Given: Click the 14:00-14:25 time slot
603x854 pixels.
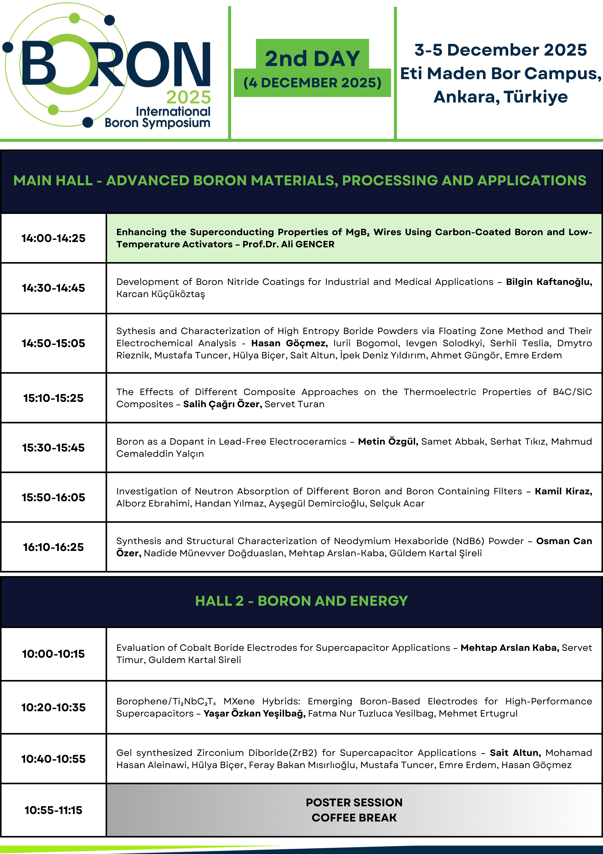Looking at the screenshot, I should click(x=53, y=238).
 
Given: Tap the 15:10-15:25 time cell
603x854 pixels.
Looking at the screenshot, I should click(x=53, y=398).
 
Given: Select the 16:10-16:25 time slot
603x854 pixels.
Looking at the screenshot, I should click(x=53, y=547).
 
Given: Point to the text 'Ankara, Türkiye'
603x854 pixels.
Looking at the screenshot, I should click(x=501, y=97).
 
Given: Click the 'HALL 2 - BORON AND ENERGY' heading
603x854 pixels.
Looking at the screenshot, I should click(x=301, y=601).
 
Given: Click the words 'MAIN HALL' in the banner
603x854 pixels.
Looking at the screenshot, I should click(x=53, y=181).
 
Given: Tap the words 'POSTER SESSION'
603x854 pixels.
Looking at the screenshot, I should click(x=354, y=802).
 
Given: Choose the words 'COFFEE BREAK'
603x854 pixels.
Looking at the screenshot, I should click(x=354, y=818).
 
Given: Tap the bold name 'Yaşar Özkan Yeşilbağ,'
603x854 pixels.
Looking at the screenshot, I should click(x=254, y=713).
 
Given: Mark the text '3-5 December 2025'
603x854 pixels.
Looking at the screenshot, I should click(x=501, y=50).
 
